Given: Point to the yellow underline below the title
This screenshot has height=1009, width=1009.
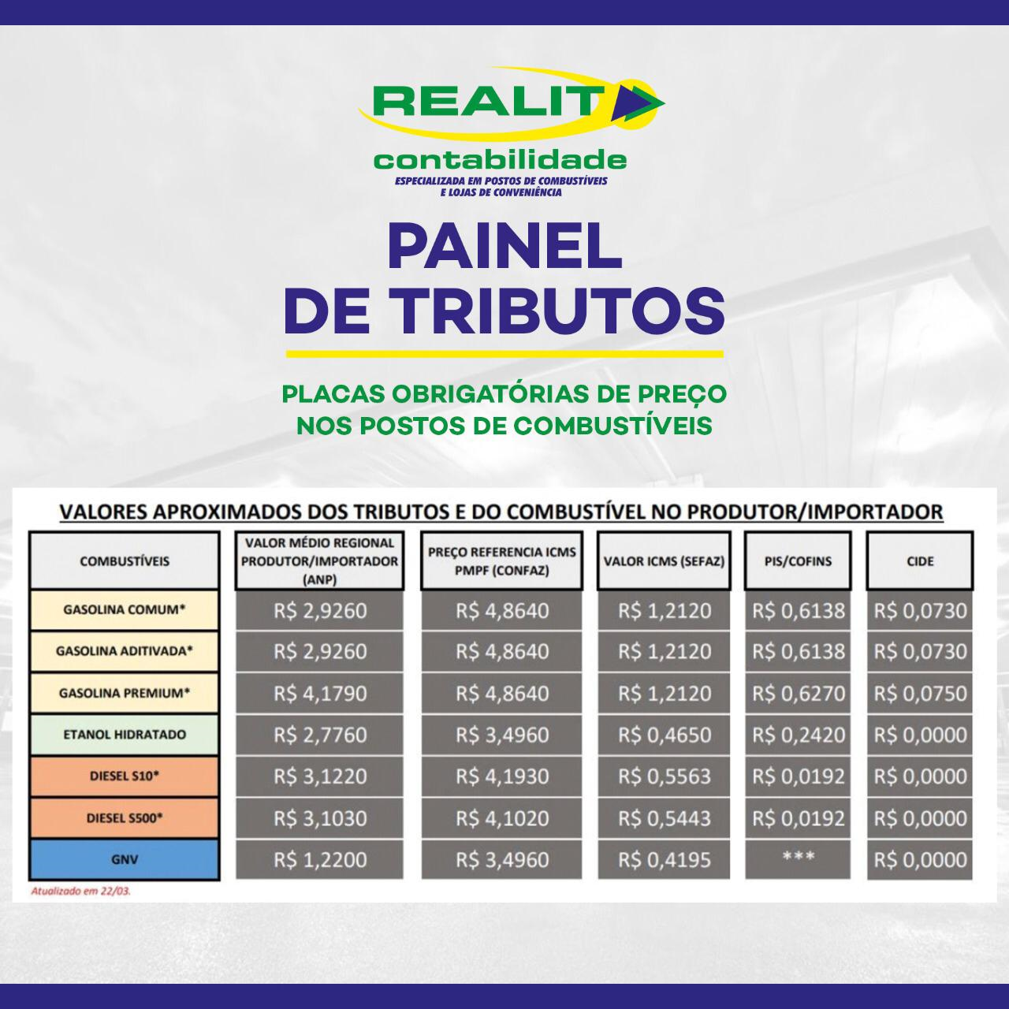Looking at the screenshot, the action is (x=504, y=354).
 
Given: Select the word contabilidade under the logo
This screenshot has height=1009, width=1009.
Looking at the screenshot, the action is (x=500, y=160).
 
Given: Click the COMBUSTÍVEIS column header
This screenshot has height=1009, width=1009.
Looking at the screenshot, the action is (x=125, y=561).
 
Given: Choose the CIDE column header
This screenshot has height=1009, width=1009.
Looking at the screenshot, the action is (x=920, y=561).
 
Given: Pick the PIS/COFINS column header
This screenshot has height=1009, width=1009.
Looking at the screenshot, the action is (x=798, y=561).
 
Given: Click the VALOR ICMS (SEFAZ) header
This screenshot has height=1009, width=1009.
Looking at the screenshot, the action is (x=664, y=561).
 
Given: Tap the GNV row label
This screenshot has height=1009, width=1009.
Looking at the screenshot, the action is (x=125, y=859).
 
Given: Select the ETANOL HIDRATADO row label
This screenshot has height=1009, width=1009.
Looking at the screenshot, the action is (x=125, y=734).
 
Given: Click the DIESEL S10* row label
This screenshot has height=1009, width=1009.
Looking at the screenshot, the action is (x=125, y=776).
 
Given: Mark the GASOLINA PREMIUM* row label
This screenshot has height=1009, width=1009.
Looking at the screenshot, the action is (x=125, y=693).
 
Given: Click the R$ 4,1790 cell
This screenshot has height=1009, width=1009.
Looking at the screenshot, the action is (x=320, y=693).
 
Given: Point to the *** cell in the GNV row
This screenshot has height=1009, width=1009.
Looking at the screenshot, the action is (x=798, y=857).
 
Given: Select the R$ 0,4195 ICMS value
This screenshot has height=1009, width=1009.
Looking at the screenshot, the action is (x=664, y=860).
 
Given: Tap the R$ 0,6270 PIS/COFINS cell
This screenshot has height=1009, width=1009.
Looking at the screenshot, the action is (x=798, y=693).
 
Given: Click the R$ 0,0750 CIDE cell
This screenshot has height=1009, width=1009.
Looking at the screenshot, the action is (x=920, y=693).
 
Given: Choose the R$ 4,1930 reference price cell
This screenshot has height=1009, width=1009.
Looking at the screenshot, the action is (x=501, y=776).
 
